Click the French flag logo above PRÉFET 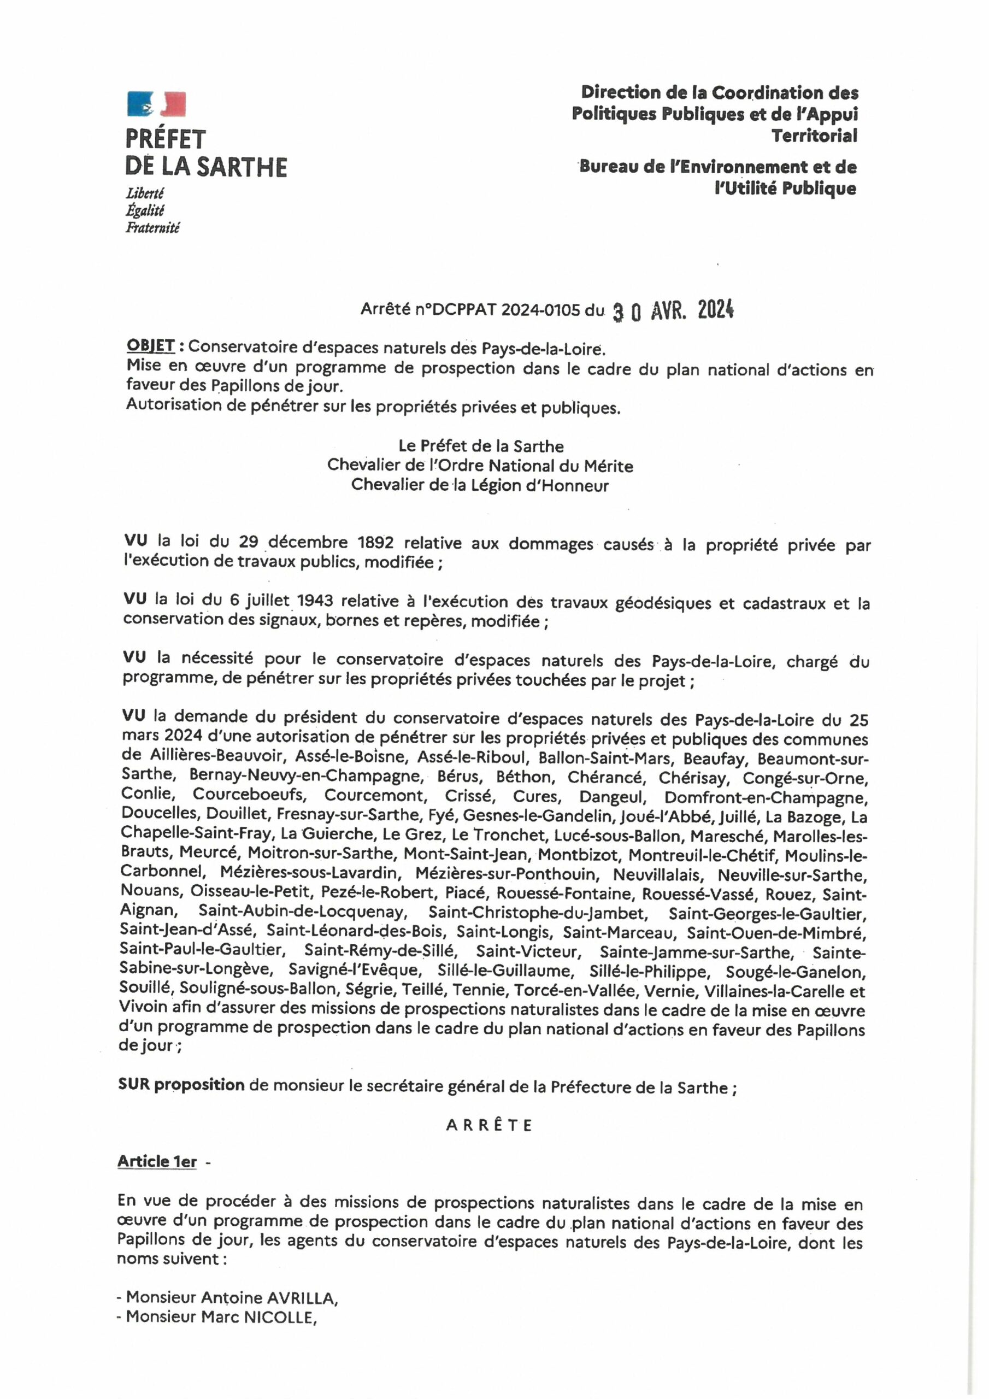point(156,104)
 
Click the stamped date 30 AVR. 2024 point(673,311)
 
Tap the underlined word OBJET point(150,345)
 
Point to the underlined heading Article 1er point(157,1161)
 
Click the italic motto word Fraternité point(152,228)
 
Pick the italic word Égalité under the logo point(144,211)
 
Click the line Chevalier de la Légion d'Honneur point(480,485)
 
